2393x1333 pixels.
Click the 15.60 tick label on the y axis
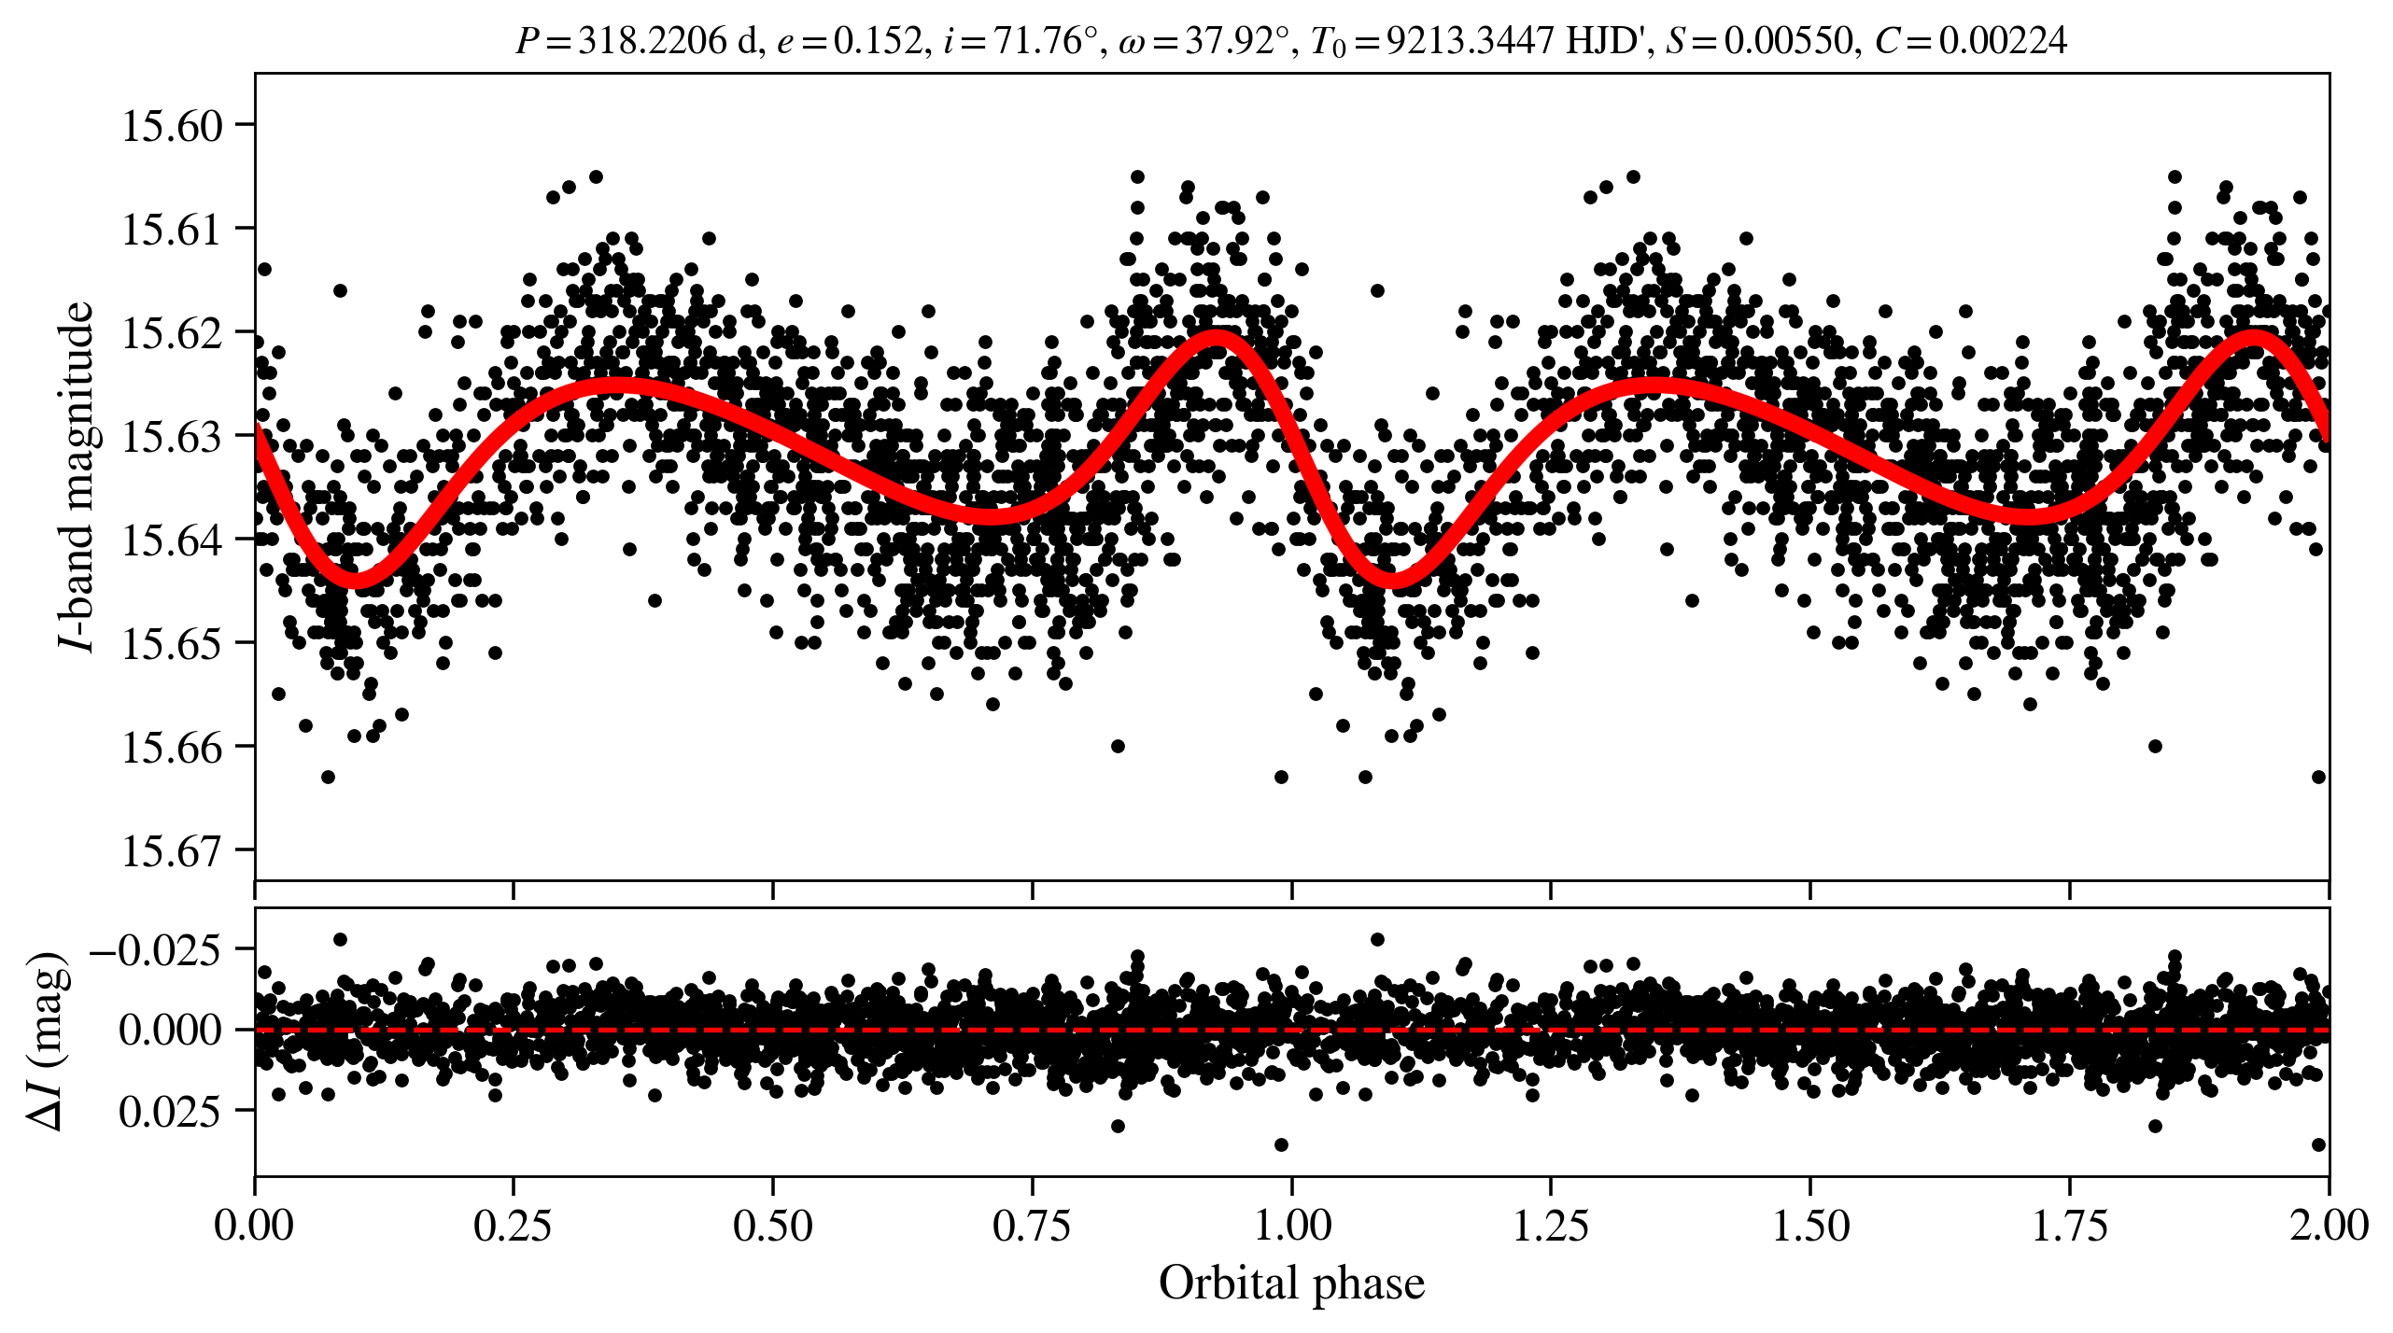tap(173, 126)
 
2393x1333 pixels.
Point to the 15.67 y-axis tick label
tap(173, 851)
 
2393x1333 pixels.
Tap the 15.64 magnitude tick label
tap(173, 540)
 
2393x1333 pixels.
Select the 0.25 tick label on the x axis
tap(513, 1225)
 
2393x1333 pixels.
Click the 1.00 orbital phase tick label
tap(1291, 1225)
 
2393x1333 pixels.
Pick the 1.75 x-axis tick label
tap(2069, 1225)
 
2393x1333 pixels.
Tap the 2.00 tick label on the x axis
tap(2328, 1225)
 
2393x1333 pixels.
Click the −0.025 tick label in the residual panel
tap(155, 950)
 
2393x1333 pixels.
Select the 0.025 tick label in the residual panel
tap(170, 1112)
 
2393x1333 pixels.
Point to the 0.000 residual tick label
tap(170, 1031)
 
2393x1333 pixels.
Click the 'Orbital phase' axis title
tap(1291, 1284)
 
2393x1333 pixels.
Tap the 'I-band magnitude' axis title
tap(77, 476)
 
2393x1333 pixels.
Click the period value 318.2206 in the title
tap(652, 41)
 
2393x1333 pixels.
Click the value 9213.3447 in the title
tap(1470, 41)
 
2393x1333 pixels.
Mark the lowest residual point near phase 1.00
tap(1281, 1144)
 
